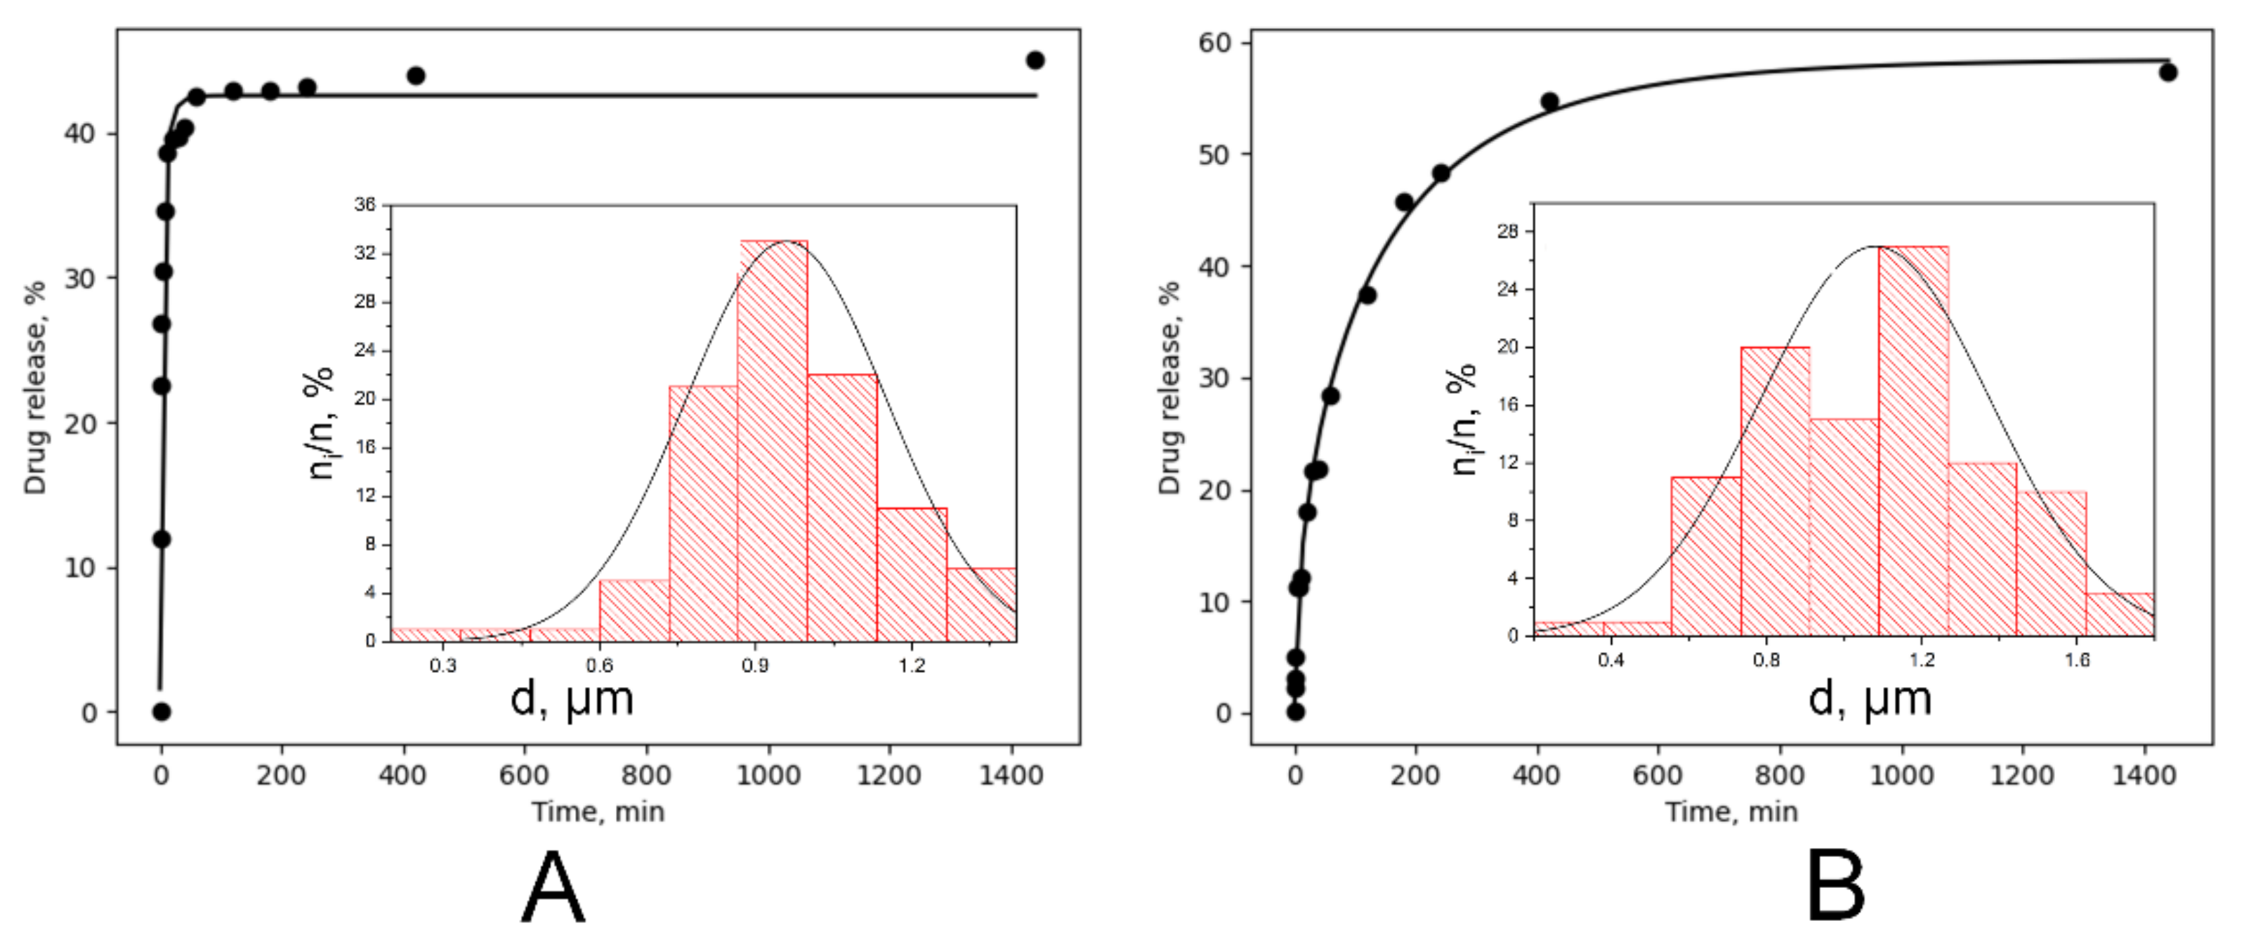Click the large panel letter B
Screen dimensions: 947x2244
tap(1835, 889)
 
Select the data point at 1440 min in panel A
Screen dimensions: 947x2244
tap(1035, 60)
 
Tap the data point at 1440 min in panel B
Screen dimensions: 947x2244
tap(2168, 72)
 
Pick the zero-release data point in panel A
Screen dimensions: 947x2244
tap(161, 712)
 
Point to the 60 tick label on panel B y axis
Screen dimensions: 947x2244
tap(1214, 43)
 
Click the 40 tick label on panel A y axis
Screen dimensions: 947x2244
tap(80, 134)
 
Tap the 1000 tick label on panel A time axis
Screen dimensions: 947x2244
tap(768, 774)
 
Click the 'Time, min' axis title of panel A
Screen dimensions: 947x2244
tap(598, 812)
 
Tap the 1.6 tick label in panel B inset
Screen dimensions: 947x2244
tap(2077, 660)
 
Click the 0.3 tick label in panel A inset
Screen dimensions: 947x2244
tap(443, 667)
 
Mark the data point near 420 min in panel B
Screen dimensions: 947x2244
tap(1549, 102)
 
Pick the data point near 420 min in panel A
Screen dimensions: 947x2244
tap(416, 76)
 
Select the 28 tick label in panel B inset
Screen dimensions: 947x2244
tap(1508, 232)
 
